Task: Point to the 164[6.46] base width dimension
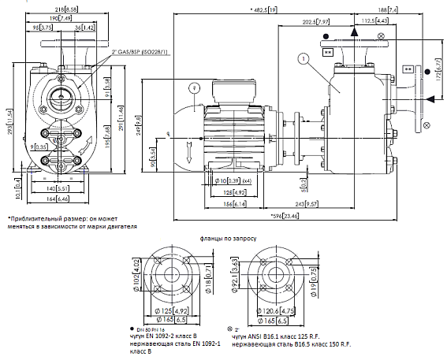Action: (60, 199)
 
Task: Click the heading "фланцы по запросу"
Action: (225, 237)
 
